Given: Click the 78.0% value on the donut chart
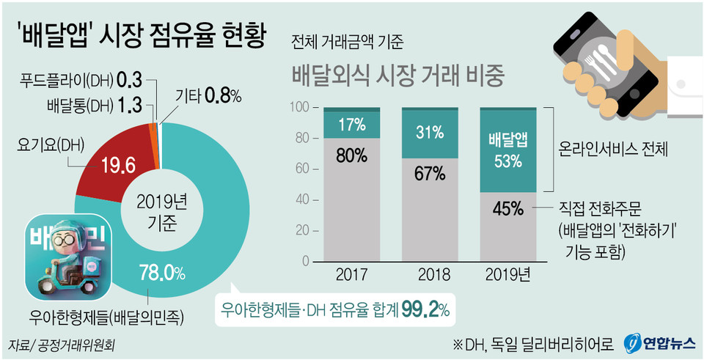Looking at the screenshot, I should tap(161, 273).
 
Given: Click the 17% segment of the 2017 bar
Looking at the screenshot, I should tap(352, 124).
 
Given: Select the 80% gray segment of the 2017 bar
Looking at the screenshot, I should tap(352, 155).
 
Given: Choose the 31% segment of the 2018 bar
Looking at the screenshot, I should tap(430, 133).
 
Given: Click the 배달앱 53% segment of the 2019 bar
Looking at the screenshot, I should tap(507, 150).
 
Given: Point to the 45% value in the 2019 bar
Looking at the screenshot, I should tap(507, 209).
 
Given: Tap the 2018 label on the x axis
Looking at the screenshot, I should tap(430, 276).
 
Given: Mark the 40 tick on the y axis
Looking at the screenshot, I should tap(301, 199).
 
